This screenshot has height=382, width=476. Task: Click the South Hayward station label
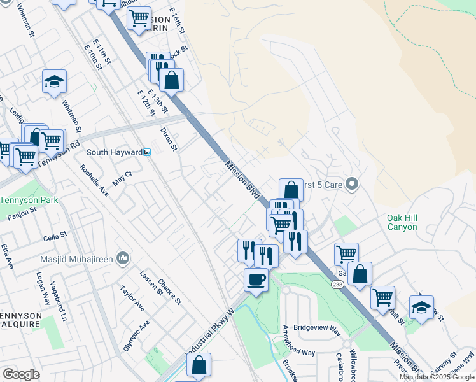click(x=115, y=152)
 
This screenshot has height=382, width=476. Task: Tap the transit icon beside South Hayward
click(x=147, y=152)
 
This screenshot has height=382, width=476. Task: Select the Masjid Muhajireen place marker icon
click(x=123, y=258)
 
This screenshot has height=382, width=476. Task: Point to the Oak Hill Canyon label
click(x=402, y=222)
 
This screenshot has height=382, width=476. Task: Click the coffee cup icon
click(x=256, y=279)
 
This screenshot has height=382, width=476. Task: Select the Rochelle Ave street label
click(x=94, y=180)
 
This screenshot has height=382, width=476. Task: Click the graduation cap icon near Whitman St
click(x=55, y=81)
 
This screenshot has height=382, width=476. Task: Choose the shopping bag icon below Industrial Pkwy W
click(x=199, y=365)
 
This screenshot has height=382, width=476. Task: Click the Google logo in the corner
click(x=21, y=374)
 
